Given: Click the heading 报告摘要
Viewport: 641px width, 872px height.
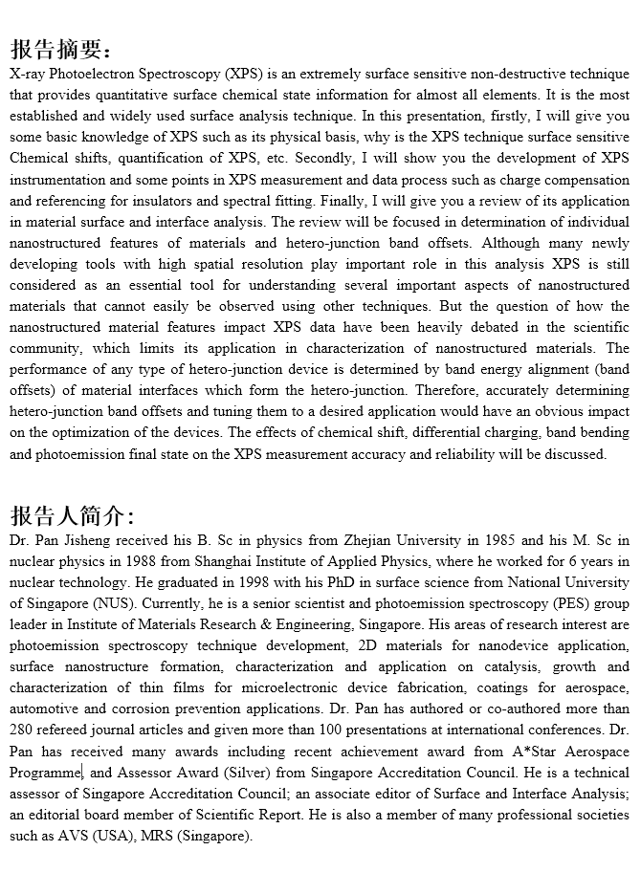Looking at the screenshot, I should click(x=61, y=49).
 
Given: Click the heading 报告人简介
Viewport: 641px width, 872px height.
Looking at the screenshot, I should click(x=73, y=516).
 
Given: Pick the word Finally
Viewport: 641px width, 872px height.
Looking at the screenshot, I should click(x=356, y=201).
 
